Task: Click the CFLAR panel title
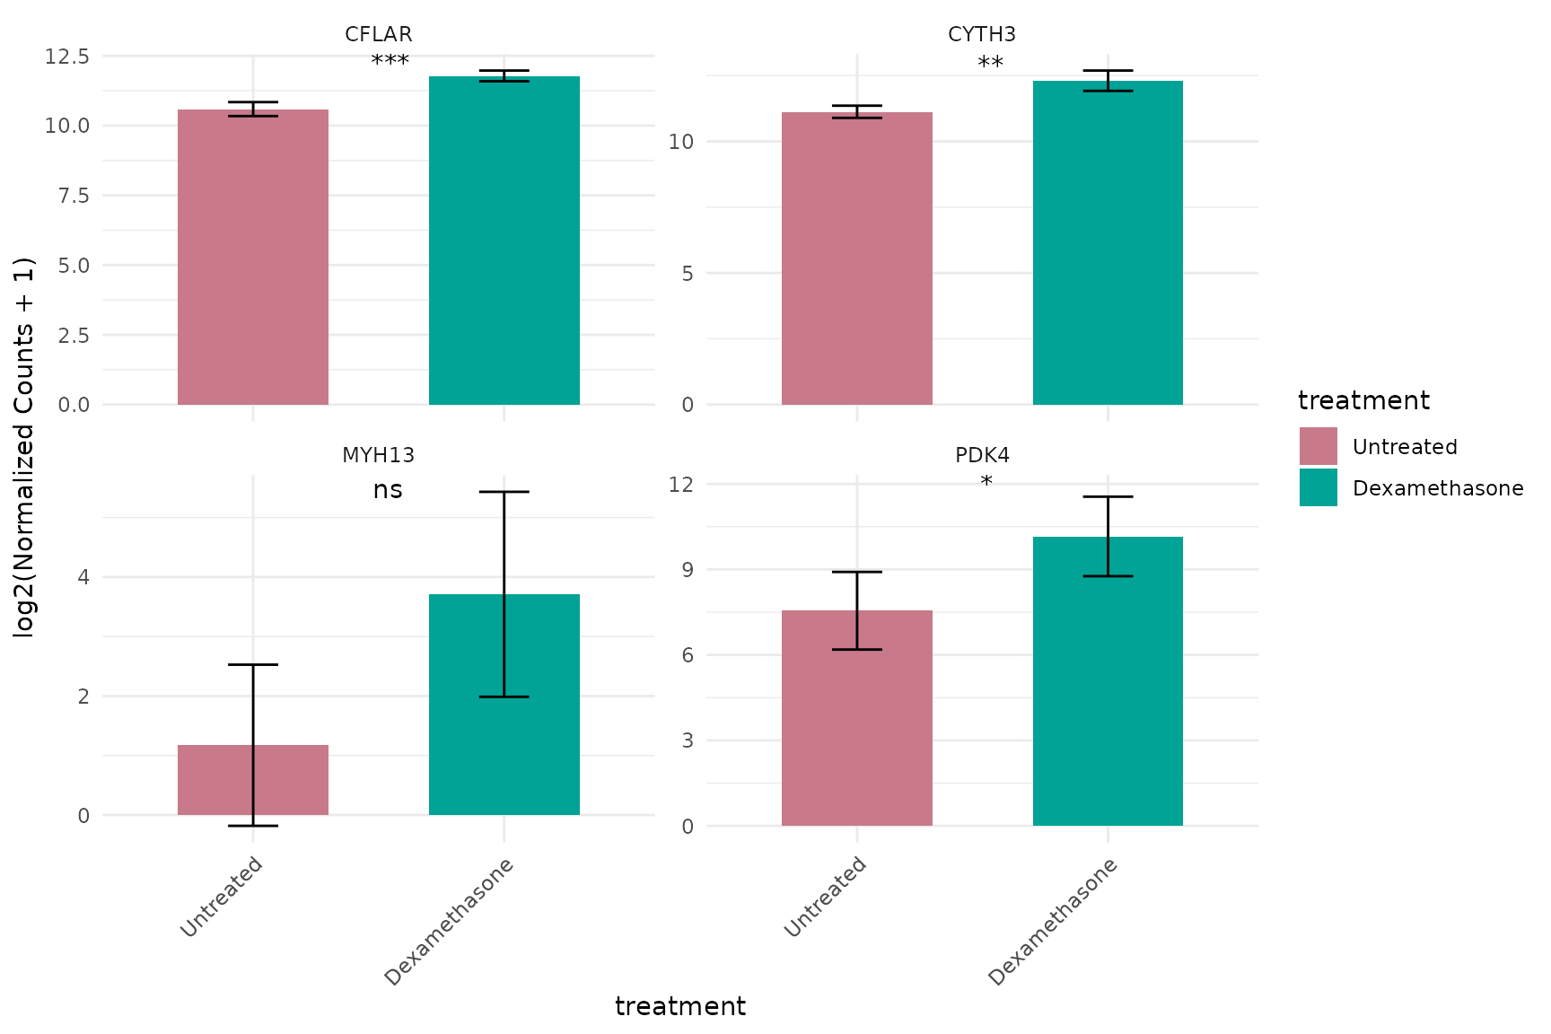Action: click(x=378, y=34)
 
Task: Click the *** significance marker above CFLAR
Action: click(x=390, y=62)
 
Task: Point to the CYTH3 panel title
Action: click(x=981, y=34)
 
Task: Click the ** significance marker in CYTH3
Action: click(x=990, y=64)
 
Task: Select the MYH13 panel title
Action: click(x=378, y=455)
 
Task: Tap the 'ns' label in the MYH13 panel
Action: click(x=388, y=490)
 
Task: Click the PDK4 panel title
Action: click(x=982, y=455)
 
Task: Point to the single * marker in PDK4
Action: click(x=986, y=483)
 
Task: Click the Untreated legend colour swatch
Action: click(x=1318, y=446)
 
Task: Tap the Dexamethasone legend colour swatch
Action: click(x=1318, y=487)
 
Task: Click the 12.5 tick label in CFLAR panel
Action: click(x=67, y=57)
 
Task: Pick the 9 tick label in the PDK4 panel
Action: click(x=687, y=570)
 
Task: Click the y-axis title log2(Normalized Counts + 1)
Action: click(x=24, y=447)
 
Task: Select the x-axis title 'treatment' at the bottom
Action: click(x=679, y=1007)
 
